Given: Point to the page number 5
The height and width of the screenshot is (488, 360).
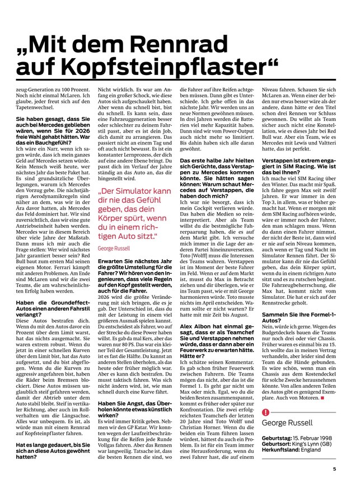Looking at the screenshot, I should point(334,469).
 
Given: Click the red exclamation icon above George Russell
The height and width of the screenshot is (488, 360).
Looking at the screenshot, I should point(265,413).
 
